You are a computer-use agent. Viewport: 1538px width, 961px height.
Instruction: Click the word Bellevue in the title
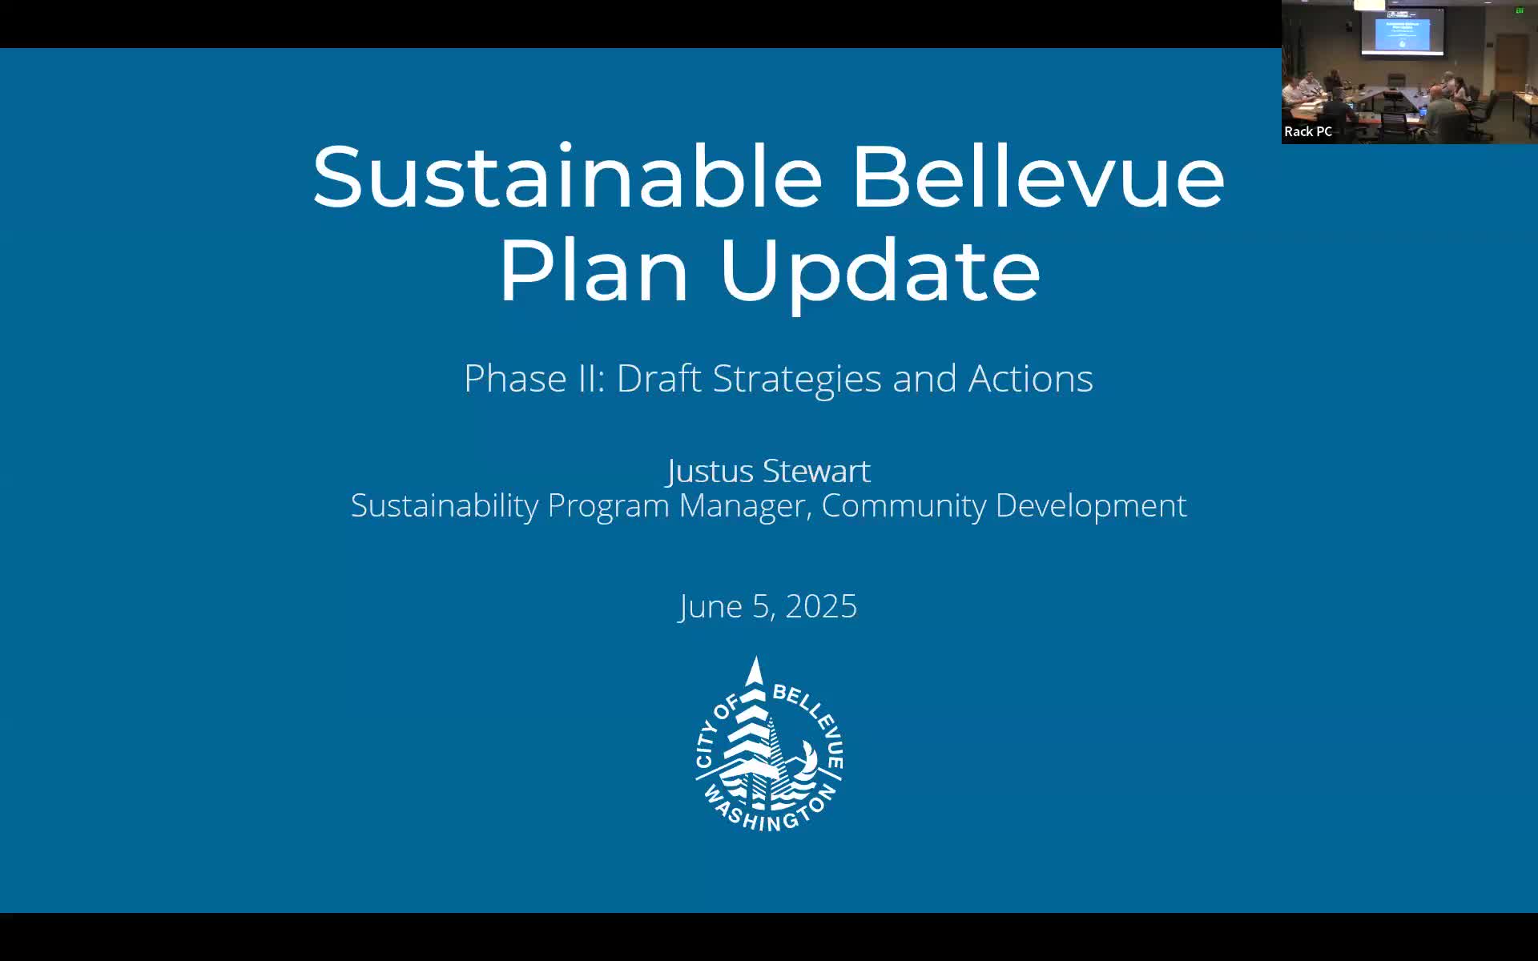click(x=1037, y=177)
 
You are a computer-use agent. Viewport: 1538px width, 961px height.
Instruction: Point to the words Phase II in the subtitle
click(x=533, y=379)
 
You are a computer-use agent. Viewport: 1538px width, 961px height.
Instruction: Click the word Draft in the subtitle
click(x=658, y=379)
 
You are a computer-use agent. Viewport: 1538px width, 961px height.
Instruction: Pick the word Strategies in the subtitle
click(x=796, y=379)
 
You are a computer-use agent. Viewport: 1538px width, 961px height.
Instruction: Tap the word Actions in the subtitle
click(x=1030, y=379)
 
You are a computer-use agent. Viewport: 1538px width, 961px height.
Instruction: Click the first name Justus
click(x=711, y=471)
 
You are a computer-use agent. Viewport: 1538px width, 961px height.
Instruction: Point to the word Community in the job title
click(x=904, y=506)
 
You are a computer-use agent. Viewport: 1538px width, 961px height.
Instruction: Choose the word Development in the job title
click(x=1091, y=506)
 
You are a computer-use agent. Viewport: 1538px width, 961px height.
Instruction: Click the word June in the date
click(x=711, y=607)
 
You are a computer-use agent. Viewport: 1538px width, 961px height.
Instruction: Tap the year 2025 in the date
click(x=821, y=607)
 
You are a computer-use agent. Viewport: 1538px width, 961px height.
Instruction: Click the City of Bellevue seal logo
click(x=768, y=745)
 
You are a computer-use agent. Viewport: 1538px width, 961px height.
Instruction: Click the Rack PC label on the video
click(x=1308, y=131)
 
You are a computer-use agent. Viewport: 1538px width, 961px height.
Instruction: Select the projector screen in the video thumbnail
click(x=1402, y=33)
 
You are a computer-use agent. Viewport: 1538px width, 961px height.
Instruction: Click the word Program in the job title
click(x=608, y=506)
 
